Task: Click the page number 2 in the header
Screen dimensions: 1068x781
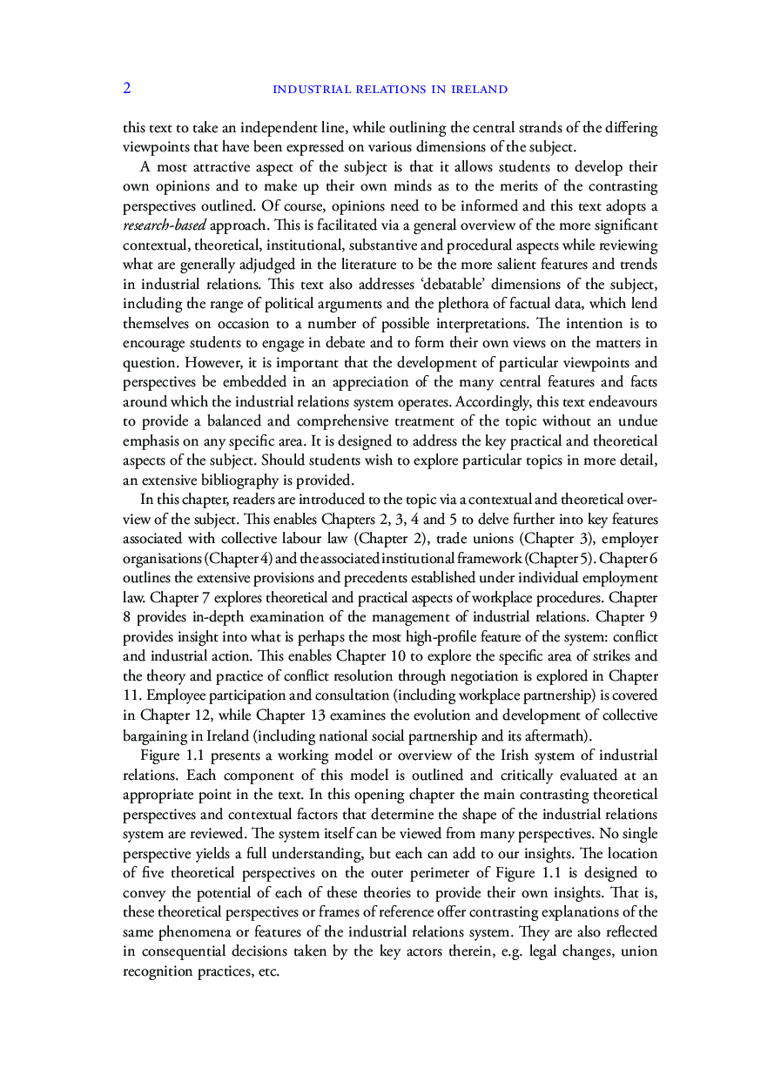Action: [127, 88]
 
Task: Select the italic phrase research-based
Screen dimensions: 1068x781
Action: [165, 225]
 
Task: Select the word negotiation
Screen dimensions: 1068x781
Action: [492, 675]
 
